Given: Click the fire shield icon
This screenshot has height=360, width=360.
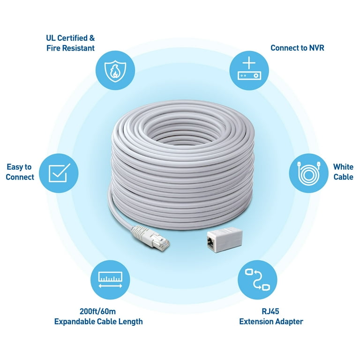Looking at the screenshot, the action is tap(115, 70).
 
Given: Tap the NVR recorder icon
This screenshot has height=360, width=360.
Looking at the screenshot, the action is tap(249, 70).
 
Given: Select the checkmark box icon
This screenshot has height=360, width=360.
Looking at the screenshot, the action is tap(59, 173).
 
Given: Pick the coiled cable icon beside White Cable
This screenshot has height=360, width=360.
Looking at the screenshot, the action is tap(308, 173).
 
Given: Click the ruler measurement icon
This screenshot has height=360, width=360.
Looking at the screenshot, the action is tap(110, 280).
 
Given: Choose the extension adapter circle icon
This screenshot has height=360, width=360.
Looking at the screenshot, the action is tap(257, 280).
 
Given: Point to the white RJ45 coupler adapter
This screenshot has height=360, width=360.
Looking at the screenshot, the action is tap(225, 240).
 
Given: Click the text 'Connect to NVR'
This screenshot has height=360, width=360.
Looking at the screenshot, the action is tap(297, 48).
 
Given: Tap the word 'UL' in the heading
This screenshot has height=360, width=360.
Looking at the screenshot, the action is tap(51, 38).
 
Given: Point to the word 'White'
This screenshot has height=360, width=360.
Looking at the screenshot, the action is tap(343, 167).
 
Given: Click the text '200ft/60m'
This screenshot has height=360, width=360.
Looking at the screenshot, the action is tap(97, 311).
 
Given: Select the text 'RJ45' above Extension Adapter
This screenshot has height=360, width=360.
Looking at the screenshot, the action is tap(270, 311).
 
